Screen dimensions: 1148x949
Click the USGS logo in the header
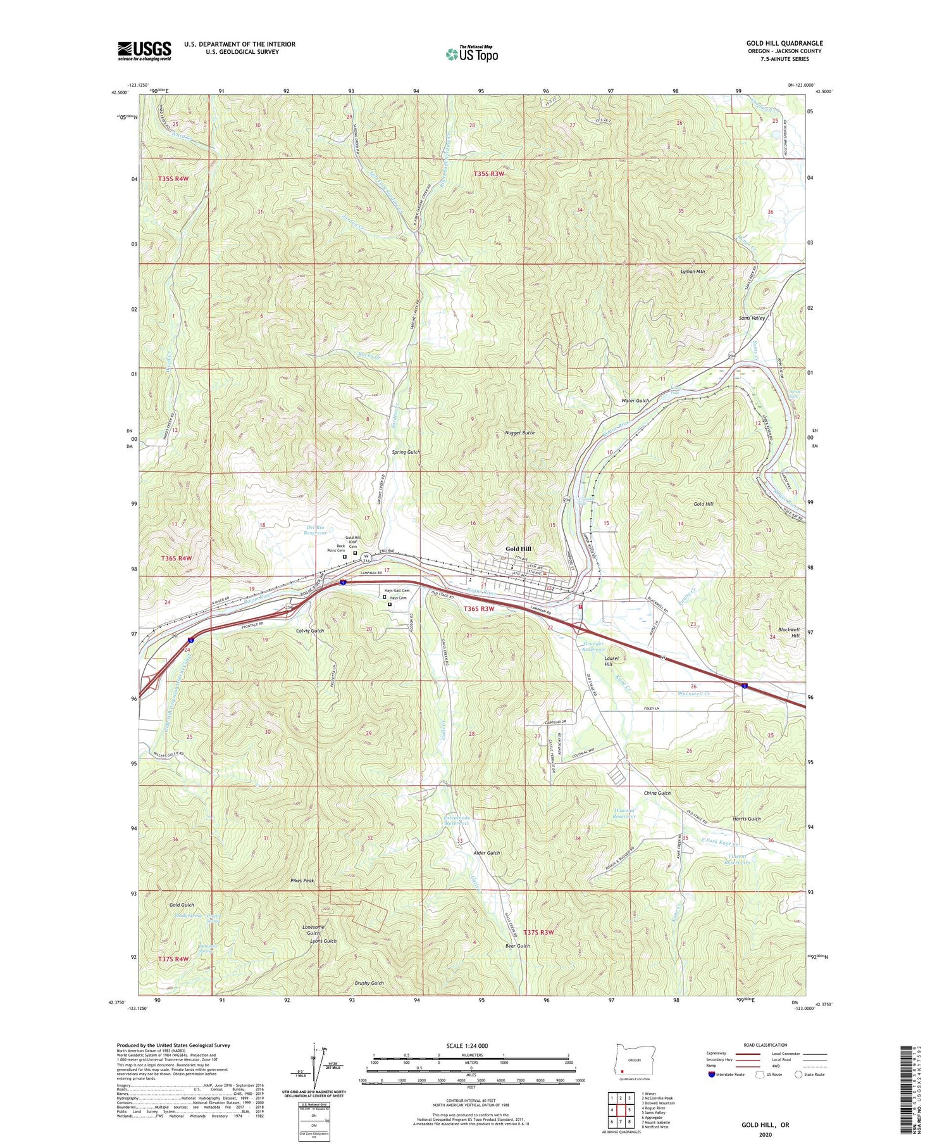144,51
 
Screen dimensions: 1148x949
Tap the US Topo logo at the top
471,54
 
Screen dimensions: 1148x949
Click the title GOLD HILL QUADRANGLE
784,43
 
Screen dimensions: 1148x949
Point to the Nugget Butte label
519,433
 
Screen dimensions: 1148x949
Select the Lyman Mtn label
692,271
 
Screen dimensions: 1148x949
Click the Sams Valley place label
752,318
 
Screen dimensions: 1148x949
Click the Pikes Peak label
302,881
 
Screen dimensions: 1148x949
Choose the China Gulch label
657,793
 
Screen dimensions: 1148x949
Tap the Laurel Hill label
608,661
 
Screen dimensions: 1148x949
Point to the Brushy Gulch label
369,983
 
